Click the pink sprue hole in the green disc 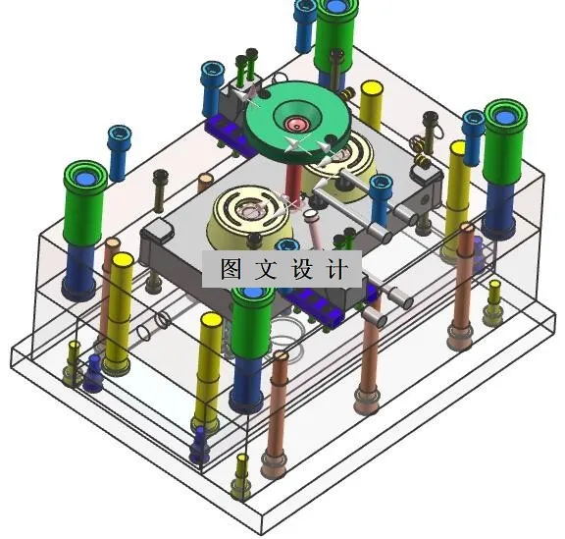(296, 125)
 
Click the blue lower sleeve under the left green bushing (78, 270)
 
